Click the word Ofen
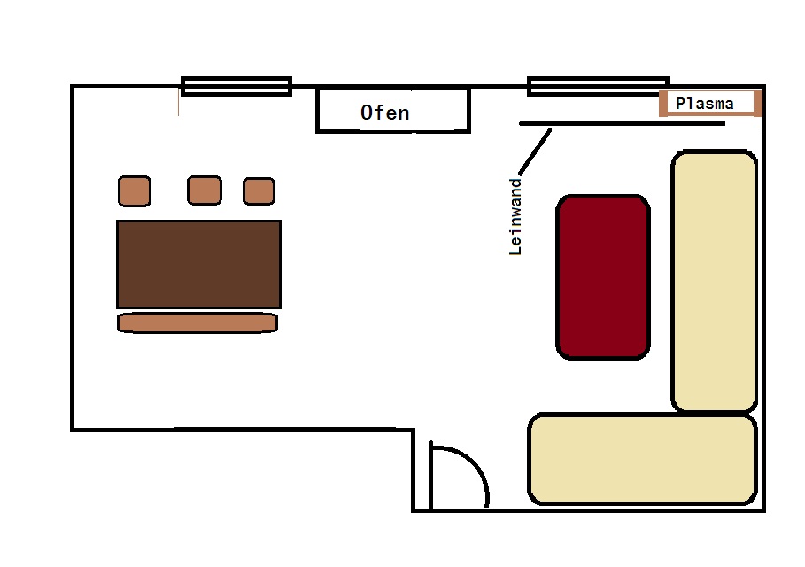point(385,113)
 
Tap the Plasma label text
point(705,104)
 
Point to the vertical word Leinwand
point(516,217)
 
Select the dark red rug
point(603,277)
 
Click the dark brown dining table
point(198,264)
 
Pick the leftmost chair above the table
point(135,190)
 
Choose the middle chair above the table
point(204,190)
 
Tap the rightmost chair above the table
point(259,190)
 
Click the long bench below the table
point(197,322)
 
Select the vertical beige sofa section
point(714,282)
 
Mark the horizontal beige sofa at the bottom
point(642,459)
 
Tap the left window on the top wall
point(236,86)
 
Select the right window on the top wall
point(598,86)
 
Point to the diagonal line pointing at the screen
point(534,151)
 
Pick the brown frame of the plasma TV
point(663,103)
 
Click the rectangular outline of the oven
point(392,131)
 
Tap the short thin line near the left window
point(178,102)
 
